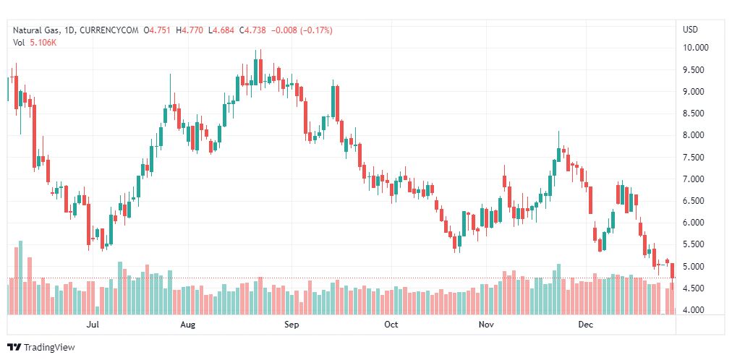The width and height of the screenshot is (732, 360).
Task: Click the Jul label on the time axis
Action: coord(92,325)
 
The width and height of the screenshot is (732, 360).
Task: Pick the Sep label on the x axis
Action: coord(291,325)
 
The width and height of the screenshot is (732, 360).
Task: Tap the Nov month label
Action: coord(487,325)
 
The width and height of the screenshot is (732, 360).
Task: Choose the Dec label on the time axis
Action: coord(586,325)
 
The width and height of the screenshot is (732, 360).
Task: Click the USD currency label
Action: coord(690,30)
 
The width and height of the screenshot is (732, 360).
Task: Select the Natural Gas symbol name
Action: coord(35,30)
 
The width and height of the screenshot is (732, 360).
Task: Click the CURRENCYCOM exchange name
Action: coord(108,30)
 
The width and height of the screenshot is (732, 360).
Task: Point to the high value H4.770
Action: coord(192,30)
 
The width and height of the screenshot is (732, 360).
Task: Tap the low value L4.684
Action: coord(223,30)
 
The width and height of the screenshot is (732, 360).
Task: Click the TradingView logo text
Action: coord(48,347)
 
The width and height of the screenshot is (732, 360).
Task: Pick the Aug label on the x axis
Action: coord(188,325)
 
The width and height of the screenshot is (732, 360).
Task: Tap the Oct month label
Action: coord(391,325)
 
